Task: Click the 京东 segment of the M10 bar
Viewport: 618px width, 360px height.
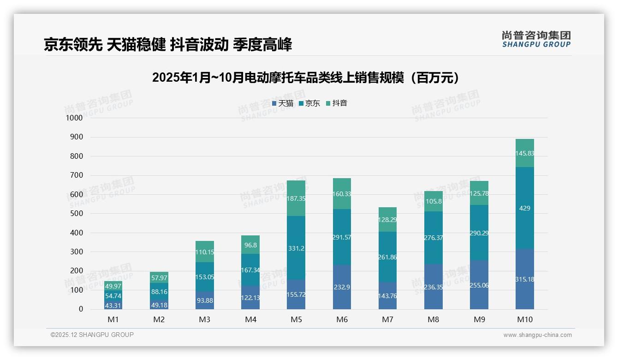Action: (525, 208)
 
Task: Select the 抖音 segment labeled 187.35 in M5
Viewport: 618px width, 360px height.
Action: (296, 198)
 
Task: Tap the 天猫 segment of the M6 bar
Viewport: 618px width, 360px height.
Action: (341, 287)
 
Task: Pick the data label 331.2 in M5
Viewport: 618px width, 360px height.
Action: (296, 248)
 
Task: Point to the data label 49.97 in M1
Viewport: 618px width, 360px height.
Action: (113, 287)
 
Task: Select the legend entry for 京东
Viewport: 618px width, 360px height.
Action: (309, 103)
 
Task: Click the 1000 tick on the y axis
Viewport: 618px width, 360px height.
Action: (74, 118)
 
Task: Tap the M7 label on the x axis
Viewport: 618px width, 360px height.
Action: (387, 319)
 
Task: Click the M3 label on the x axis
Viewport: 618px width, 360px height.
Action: (204, 319)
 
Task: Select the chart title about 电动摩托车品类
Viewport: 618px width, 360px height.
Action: (307, 78)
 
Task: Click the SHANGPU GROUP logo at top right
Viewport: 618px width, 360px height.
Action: (536, 39)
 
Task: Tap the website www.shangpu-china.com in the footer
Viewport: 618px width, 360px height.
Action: (537, 335)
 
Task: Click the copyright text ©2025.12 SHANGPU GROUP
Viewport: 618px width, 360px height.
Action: (92, 335)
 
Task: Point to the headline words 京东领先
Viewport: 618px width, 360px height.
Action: (73, 45)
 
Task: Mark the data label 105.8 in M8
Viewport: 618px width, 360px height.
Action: (433, 201)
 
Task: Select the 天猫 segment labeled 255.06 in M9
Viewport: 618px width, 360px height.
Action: (479, 285)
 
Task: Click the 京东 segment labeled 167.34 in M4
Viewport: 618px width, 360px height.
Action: (250, 270)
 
